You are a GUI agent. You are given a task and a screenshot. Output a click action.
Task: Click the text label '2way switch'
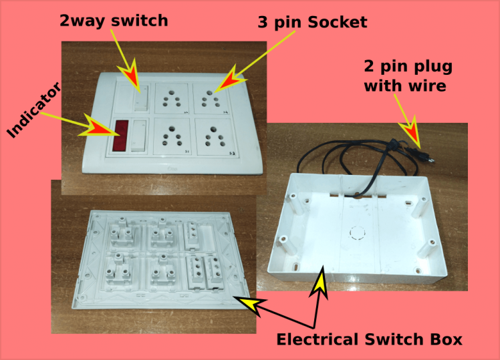[x=113, y=21]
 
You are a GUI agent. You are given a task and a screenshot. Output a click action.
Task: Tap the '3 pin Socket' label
[x=312, y=22]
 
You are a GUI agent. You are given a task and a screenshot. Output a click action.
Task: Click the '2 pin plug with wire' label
[x=408, y=76]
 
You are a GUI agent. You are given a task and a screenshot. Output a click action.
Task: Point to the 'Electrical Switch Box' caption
[x=369, y=339]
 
